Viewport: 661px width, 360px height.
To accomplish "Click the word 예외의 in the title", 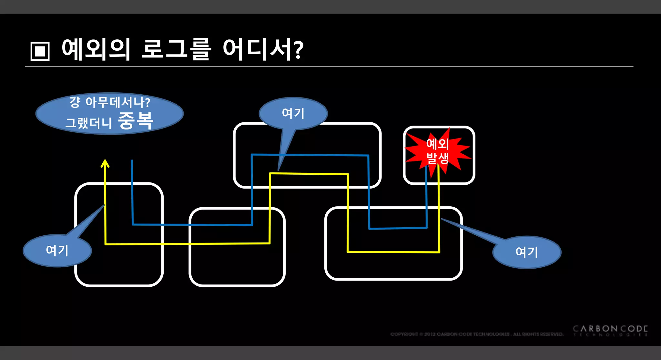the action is point(96,49).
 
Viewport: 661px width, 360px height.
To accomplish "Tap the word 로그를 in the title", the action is point(176,49).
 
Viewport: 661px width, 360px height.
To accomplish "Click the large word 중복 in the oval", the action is point(136,120).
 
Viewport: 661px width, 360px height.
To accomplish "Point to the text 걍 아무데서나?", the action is point(110,102).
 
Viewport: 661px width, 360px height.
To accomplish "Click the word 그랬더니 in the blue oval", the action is point(88,123).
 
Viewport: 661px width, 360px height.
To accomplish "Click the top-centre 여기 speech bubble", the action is point(293,113).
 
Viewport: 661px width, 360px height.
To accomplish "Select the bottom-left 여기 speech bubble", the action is point(57,251).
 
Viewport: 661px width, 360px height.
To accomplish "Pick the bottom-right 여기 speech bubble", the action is point(527,252).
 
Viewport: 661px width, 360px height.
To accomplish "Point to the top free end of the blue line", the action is point(132,160).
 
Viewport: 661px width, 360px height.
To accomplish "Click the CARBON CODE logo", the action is point(610,329).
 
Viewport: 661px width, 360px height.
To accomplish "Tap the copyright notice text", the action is point(476,334).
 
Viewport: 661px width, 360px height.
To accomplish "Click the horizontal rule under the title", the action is point(329,67).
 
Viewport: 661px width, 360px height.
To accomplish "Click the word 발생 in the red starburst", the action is point(438,158).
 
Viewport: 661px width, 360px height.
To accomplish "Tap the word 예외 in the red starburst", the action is point(438,144).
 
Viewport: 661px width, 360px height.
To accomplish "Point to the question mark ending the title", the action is point(299,50).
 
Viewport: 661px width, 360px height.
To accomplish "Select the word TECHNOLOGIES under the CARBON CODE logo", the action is point(610,335).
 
